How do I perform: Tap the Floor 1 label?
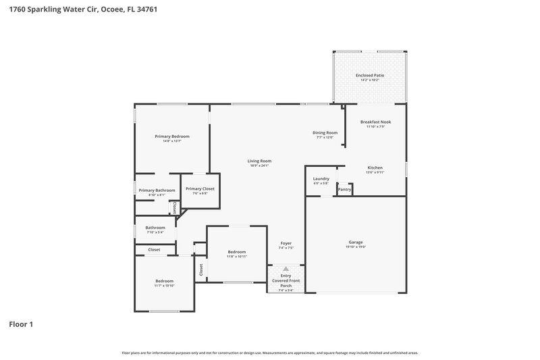coord(21,324)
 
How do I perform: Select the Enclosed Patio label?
coord(369,75)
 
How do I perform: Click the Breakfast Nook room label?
coord(375,122)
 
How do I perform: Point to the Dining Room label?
coord(325,132)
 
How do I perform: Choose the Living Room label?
coord(259,161)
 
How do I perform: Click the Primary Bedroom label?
coord(171,136)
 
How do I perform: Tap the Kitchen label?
coord(375,168)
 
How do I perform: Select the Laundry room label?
coord(321,178)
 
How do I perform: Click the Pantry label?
coord(344,190)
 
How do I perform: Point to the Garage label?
coord(356,242)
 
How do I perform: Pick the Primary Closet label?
coord(200,188)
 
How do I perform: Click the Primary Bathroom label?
coord(157,190)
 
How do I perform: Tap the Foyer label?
coord(286,243)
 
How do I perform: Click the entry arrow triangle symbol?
coord(286,269)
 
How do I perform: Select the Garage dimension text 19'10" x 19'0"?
coord(356,247)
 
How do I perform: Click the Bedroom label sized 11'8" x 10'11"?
coord(236,252)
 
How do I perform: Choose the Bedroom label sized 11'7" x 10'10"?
coord(165,281)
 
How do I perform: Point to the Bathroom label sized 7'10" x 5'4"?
coord(155,228)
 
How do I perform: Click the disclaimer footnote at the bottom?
coord(269,353)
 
